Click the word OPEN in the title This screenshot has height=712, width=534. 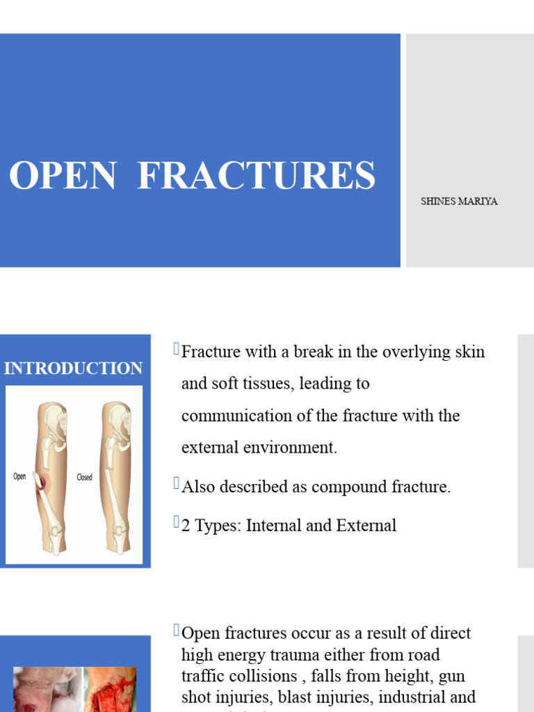(63, 176)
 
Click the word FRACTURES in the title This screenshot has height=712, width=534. (257, 176)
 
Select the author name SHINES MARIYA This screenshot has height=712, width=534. (459, 202)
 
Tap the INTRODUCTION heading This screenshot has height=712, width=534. (74, 369)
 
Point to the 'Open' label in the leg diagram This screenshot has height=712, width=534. (20, 476)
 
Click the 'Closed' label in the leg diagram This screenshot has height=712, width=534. (84, 477)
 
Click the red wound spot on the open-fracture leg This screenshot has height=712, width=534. (43, 482)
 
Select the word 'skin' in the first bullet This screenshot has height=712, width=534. (469, 352)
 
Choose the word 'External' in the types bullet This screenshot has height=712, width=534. (366, 526)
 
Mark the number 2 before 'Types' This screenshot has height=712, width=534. (186, 526)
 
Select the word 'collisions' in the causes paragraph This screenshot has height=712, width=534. (267, 676)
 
